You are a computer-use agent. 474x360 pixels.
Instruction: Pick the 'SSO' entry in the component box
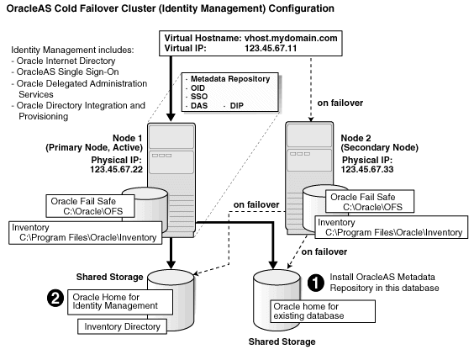(199, 98)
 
